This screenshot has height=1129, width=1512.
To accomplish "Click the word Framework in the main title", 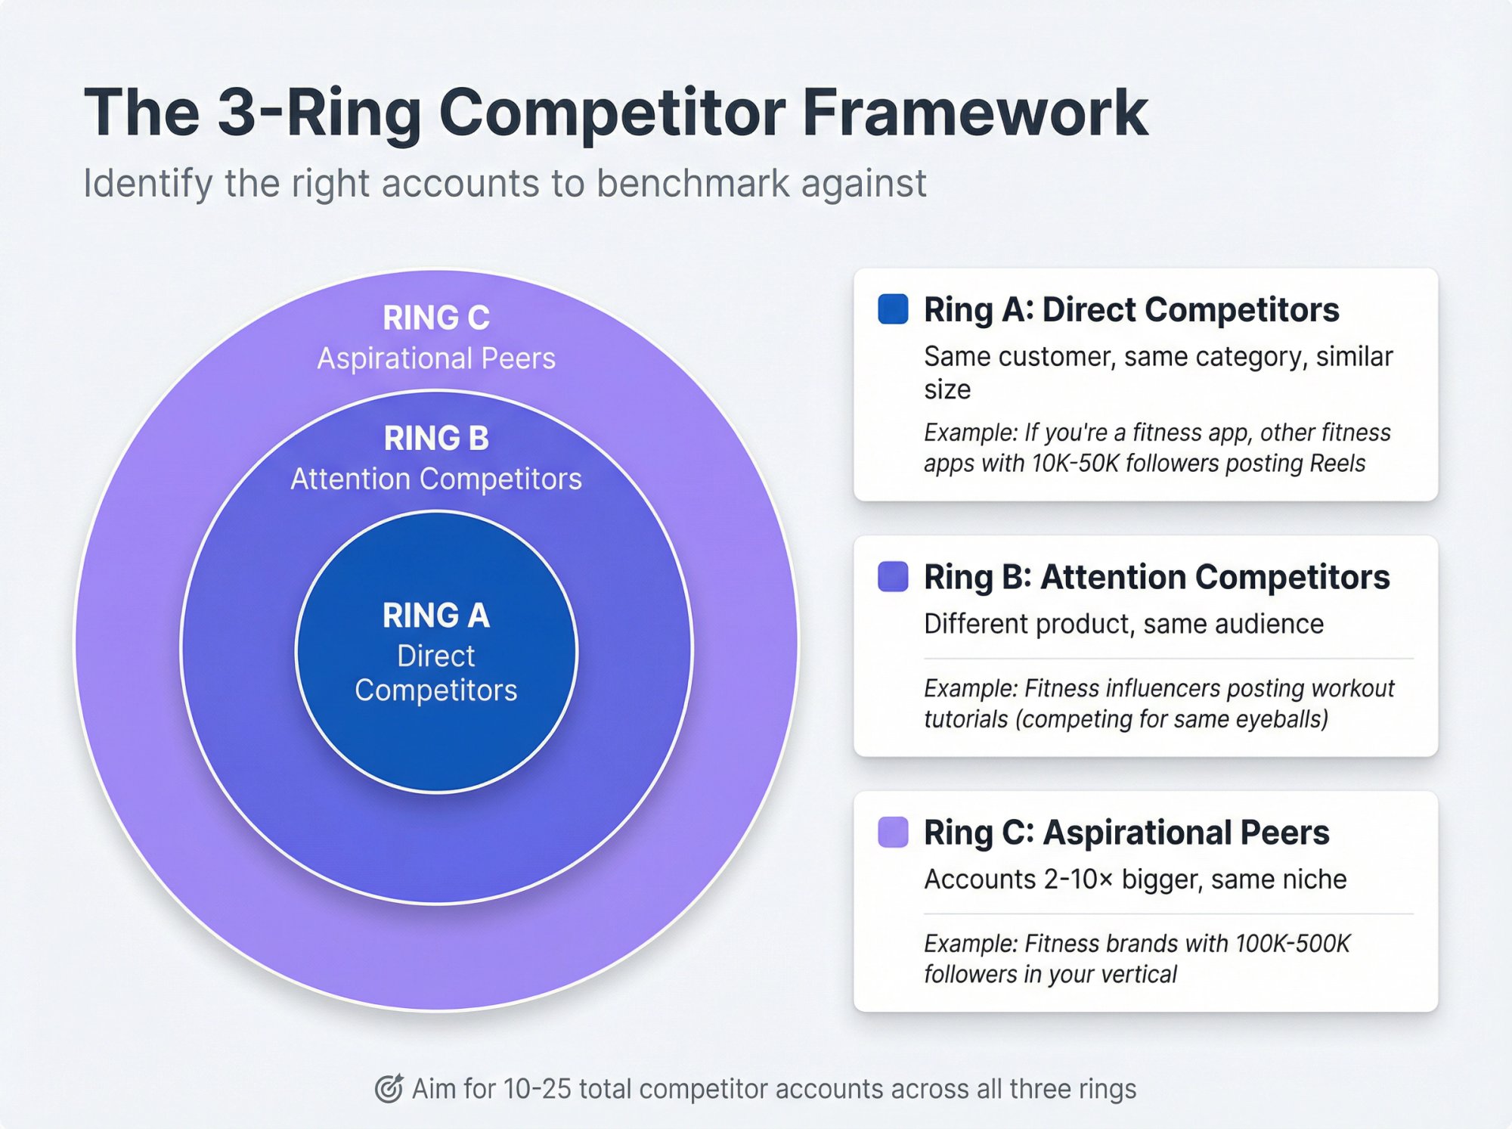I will pyautogui.click(x=975, y=113).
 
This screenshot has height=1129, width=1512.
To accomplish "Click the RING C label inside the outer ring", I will pyautogui.click(x=436, y=318).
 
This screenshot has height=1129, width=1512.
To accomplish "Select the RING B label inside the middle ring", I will pyautogui.click(x=436, y=439).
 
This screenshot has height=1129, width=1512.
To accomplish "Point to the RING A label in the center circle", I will pyautogui.click(x=436, y=616).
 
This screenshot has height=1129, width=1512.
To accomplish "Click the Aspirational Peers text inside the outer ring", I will pyautogui.click(x=436, y=358).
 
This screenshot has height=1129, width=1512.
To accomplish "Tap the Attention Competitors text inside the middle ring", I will pyautogui.click(x=436, y=479).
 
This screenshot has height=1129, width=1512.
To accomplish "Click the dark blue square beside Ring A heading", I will pyautogui.click(x=893, y=309).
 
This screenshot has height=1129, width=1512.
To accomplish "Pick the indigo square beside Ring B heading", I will pyautogui.click(x=893, y=577).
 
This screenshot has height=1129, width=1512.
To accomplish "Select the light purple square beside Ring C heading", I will pyautogui.click(x=893, y=833).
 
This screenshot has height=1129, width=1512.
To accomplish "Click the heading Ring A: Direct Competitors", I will pyautogui.click(x=1131, y=310).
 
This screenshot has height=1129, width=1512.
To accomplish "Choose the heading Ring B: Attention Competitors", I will pyautogui.click(x=1157, y=578).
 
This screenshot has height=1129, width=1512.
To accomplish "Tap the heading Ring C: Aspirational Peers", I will pyautogui.click(x=1126, y=833).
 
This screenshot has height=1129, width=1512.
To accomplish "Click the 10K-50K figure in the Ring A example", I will pyautogui.click(x=1074, y=464).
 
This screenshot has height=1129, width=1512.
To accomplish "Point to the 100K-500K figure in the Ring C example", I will pyautogui.click(x=1293, y=944).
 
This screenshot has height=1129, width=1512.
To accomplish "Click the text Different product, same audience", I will pyautogui.click(x=1123, y=625).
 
